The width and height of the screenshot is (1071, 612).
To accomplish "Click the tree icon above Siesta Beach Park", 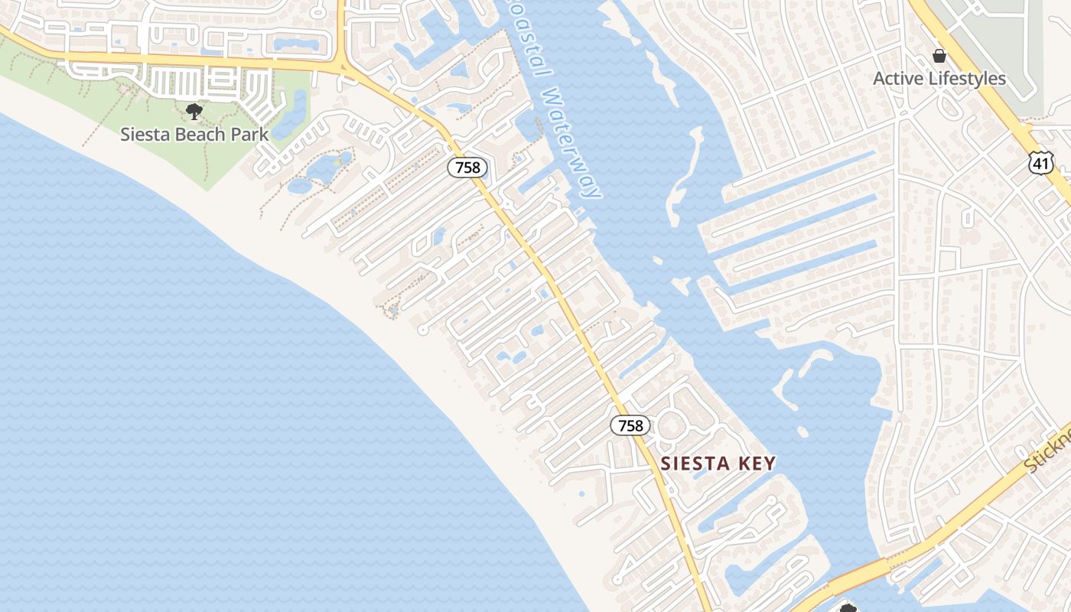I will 194,112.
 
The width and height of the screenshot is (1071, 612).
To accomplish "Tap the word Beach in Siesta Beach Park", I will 196,135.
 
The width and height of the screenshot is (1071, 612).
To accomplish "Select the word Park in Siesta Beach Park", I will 251,135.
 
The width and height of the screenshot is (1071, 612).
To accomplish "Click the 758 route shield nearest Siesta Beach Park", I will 467,168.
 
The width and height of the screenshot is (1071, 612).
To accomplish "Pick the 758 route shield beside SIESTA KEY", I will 630,425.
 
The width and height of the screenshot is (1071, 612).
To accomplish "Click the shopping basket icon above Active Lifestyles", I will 939,56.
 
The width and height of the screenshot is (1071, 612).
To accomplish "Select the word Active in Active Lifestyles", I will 897,79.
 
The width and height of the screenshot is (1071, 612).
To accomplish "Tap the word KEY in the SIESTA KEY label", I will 757,464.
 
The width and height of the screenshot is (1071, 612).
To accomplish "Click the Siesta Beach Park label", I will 194,135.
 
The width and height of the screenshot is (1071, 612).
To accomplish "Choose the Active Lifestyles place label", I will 939,79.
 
